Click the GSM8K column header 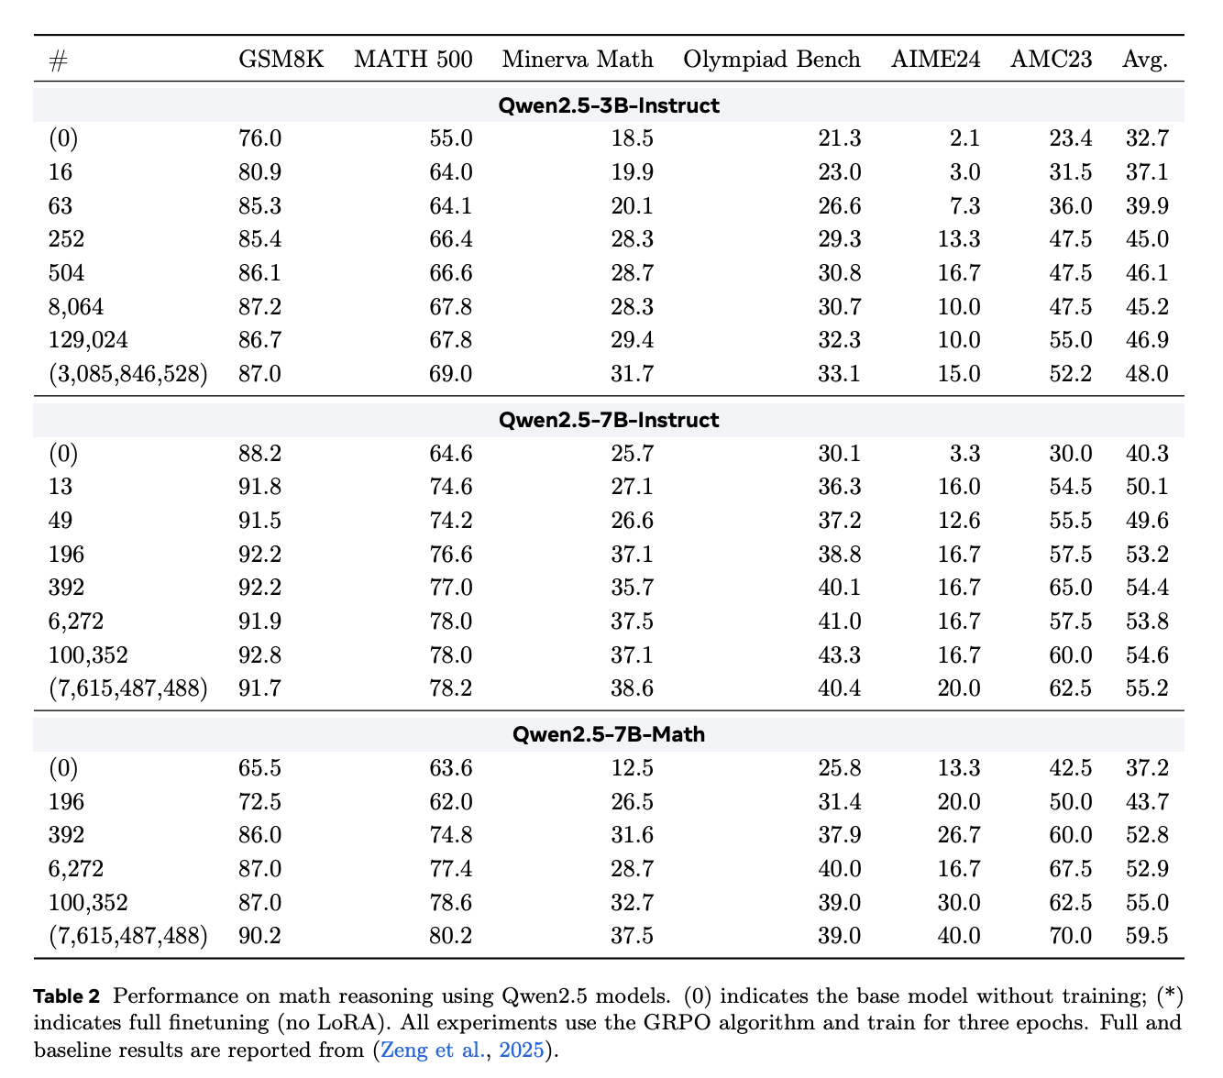[x=281, y=60]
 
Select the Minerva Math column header [x=578, y=60]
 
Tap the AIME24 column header [x=935, y=60]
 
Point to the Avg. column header [x=1145, y=60]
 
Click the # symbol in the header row [x=58, y=60]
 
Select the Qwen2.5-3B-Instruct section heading [x=609, y=105]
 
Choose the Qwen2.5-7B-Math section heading [x=609, y=734]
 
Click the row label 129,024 [x=88, y=340]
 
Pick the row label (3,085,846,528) [x=128, y=374]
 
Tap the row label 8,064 [x=76, y=306]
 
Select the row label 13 [x=60, y=487]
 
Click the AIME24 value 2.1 [x=964, y=138]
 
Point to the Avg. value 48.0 [x=1147, y=374]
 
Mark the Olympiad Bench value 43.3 [x=839, y=655]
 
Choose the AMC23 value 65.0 [x=1070, y=588]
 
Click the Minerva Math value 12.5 [x=632, y=768]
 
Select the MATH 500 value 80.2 [x=451, y=936]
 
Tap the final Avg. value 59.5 [x=1147, y=936]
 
